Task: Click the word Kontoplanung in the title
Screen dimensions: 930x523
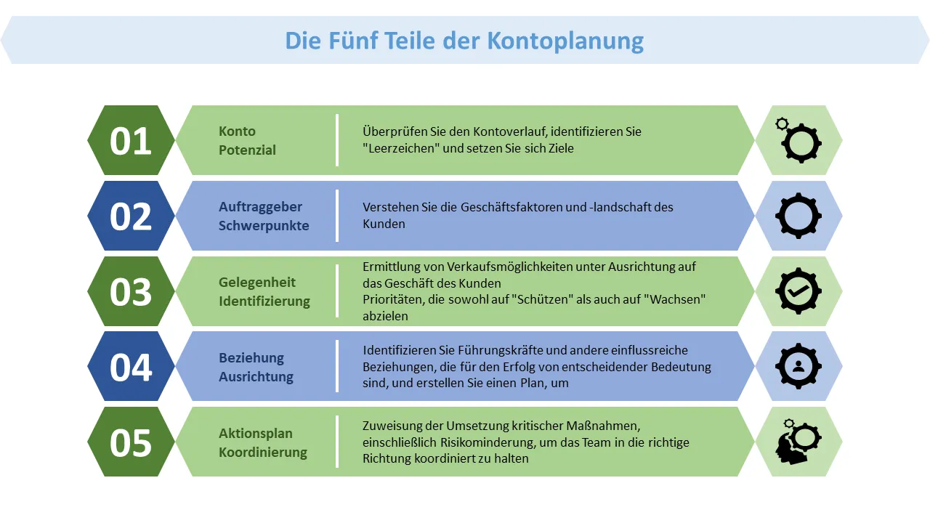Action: click(565, 41)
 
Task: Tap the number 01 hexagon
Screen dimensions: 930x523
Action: click(131, 140)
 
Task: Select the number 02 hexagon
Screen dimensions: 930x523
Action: click(131, 216)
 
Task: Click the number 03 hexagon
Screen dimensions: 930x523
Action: click(131, 291)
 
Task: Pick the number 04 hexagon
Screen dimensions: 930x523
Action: click(131, 367)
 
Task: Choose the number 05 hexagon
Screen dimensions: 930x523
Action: click(131, 442)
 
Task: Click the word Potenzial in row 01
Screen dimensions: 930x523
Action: click(247, 150)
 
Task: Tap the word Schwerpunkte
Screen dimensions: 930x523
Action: click(264, 225)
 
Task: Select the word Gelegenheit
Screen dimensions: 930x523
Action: click(257, 283)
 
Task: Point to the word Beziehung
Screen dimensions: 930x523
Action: click(251, 358)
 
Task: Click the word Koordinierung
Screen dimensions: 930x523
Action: click(263, 452)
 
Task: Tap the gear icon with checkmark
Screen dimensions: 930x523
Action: click(798, 291)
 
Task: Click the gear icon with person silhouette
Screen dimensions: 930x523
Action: click(798, 366)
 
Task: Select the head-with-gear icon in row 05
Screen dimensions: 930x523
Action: click(798, 442)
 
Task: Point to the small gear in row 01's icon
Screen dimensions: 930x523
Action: click(782, 123)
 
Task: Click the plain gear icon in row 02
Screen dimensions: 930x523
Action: click(798, 216)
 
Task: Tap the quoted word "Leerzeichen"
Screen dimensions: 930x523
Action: click(401, 148)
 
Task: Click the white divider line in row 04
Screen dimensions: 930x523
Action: click(336, 367)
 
